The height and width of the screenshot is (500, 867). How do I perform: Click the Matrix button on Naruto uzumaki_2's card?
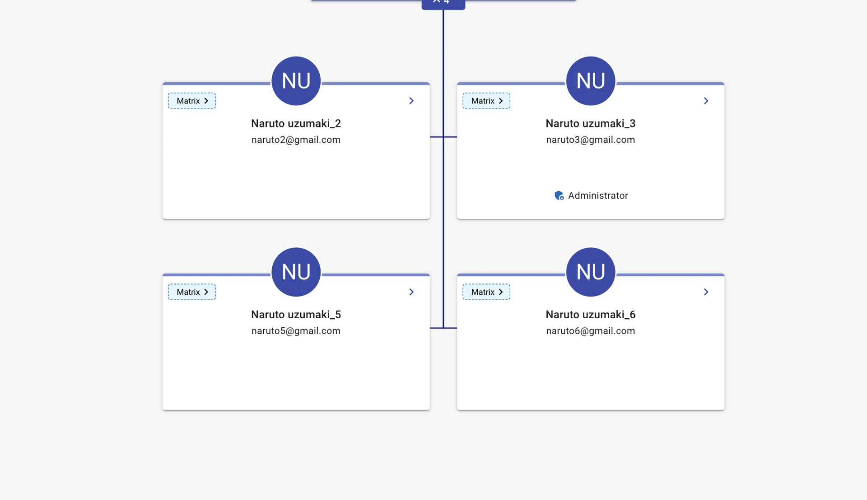tap(191, 101)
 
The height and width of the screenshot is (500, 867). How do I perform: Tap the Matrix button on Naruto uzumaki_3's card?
tap(486, 101)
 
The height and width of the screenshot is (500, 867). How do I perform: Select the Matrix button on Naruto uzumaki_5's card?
tap(191, 292)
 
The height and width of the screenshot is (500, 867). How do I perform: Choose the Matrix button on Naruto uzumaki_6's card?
tap(486, 292)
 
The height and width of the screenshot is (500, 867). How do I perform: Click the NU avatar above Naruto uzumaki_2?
tap(296, 81)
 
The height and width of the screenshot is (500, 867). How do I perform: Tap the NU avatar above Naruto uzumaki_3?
tap(591, 81)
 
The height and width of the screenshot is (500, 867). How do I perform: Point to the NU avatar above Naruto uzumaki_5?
tap(296, 272)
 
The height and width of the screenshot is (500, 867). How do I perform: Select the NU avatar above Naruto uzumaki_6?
tap(591, 272)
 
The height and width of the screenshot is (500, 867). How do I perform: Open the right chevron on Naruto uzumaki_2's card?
tap(411, 101)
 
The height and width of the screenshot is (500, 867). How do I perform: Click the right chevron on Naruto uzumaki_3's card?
tap(706, 101)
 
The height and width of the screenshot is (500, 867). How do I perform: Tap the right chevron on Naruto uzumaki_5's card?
tap(411, 292)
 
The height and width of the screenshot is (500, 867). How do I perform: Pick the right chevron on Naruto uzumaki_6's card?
tap(706, 292)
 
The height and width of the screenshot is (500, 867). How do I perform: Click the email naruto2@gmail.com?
tap(296, 140)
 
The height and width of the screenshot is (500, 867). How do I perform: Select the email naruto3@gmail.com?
tap(591, 140)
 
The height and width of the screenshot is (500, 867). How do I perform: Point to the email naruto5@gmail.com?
tap(296, 331)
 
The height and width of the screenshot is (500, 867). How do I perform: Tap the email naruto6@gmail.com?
tap(591, 331)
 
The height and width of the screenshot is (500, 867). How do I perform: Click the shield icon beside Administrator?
tap(559, 195)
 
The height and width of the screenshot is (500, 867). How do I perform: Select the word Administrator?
tap(598, 196)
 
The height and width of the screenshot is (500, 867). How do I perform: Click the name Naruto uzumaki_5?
tap(296, 315)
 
